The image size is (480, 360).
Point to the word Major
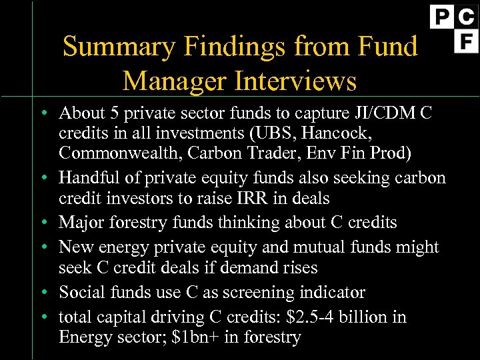(79, 222)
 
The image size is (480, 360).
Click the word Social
(79, 292)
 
